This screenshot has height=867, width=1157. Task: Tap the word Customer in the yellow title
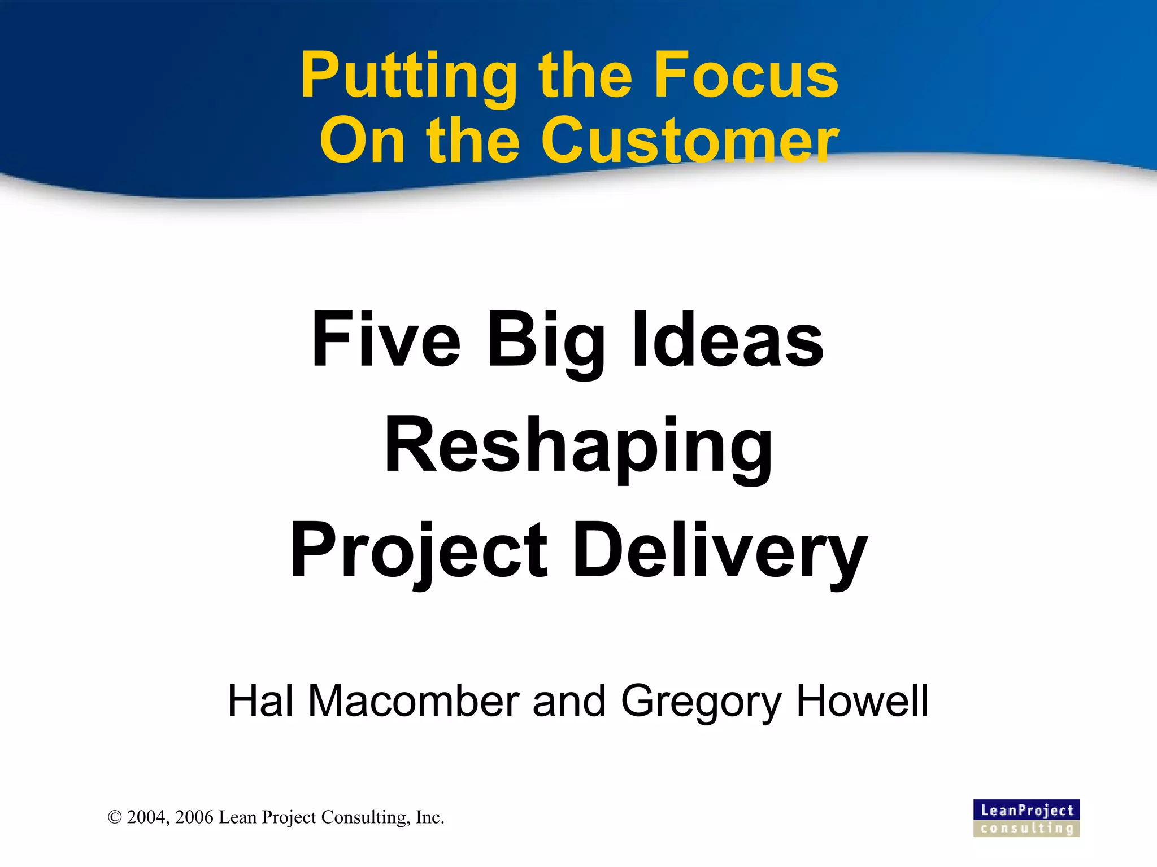[689, 141]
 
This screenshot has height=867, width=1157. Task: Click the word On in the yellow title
[362, 141]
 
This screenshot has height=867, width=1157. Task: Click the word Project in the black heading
[418, 550]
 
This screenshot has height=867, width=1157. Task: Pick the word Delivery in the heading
[720, 550]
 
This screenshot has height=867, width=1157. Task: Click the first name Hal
[260, 701]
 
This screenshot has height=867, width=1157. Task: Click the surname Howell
[862, 701]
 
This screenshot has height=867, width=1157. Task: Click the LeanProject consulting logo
[1026, 818]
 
